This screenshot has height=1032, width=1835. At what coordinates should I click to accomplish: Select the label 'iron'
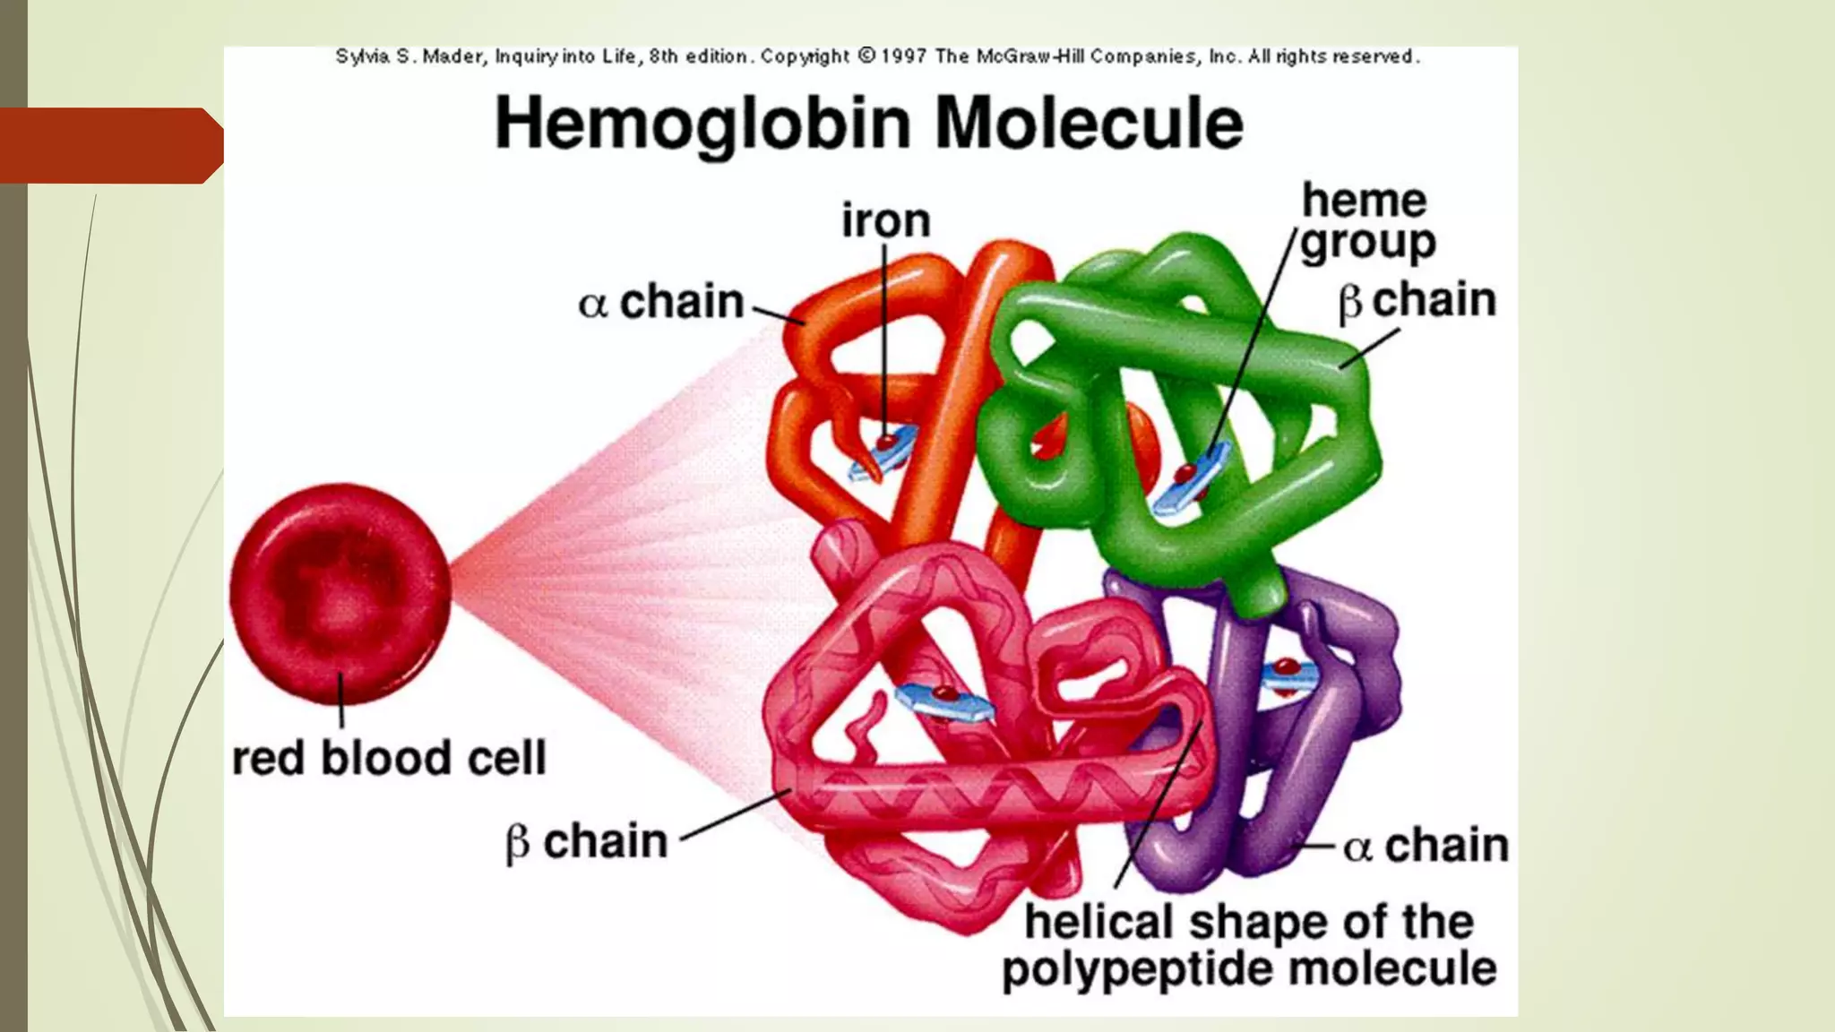[x=885, y=220]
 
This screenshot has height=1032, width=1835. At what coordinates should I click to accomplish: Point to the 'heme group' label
[x=1366, y=222]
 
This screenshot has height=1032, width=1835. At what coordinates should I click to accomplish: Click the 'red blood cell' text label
[x=389, y=758]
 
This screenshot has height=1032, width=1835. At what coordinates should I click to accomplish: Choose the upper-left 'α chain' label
[x=661, y=302]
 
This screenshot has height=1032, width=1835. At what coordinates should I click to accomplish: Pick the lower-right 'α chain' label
[x=1426, y=845]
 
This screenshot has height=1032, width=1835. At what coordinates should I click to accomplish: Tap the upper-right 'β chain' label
[x=1417, y=301]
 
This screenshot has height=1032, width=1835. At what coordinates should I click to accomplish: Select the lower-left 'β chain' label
[x=587, y=842]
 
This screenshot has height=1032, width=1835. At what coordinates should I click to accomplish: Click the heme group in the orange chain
[x=883, y=453]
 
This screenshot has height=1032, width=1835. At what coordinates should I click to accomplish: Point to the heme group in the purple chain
[x=1288, y=675]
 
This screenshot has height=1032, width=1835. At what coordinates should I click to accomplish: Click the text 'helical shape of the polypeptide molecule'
[x=1249, y=945]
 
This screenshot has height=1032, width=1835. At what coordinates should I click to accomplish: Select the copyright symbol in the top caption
[x=866, y=56]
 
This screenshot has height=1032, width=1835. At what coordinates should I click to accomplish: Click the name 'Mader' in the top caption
[x=453, y=56]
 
